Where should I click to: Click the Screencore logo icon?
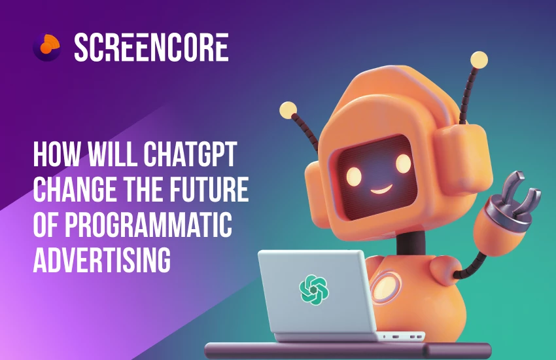[x=46, y=47]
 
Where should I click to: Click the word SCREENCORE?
[x=151, y=48]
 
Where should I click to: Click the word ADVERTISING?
[x=101, y=258]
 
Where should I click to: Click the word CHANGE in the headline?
[x=73, y=190]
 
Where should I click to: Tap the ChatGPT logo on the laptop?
[x=313, y=289]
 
